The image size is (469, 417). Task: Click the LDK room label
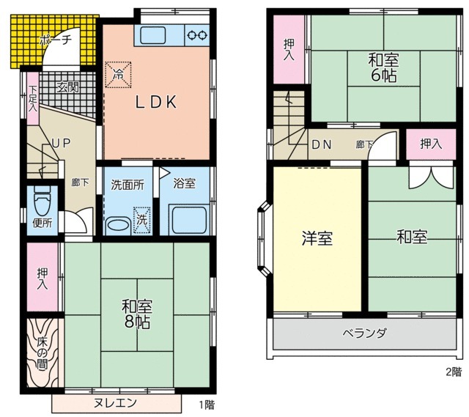tap(155, 103)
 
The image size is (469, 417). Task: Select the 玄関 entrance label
tap(67, 86)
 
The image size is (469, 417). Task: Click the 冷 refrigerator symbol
tap(119, 73)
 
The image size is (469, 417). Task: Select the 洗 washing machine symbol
tap(140, 219)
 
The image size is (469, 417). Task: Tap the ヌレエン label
tap(115, 403)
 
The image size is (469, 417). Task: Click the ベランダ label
tap(364, 333)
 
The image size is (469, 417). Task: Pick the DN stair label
tap(321, 144)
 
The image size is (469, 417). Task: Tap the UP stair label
tap(61, 144)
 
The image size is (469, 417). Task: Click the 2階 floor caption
tap(454, 371)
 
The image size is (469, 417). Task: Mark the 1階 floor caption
tap(206, 404)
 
